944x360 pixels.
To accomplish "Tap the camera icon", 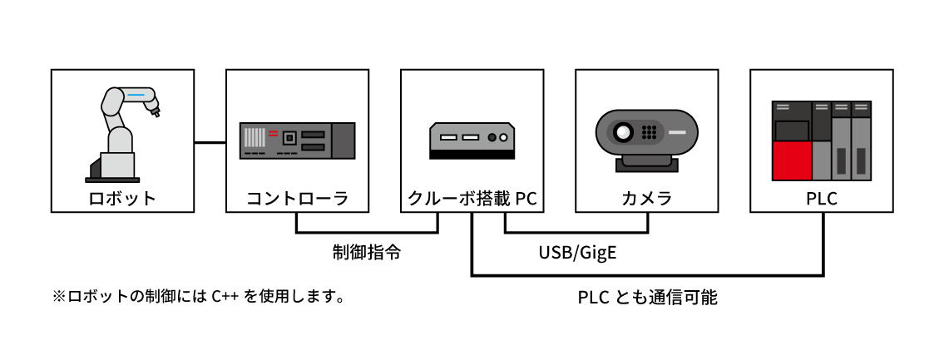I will click(646, 138).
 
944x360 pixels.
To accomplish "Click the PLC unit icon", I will click(822, 140).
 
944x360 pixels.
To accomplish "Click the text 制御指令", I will click(367, 251).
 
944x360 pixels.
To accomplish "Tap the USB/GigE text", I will click(577, 251).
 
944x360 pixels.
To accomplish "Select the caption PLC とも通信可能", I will click(647, 297).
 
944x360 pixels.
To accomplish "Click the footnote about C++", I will click(198, 296).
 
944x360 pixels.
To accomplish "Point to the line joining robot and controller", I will click(210, 142).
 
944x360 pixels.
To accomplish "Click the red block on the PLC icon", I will click(791, 160).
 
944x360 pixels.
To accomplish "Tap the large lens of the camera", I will click(622, 131).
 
